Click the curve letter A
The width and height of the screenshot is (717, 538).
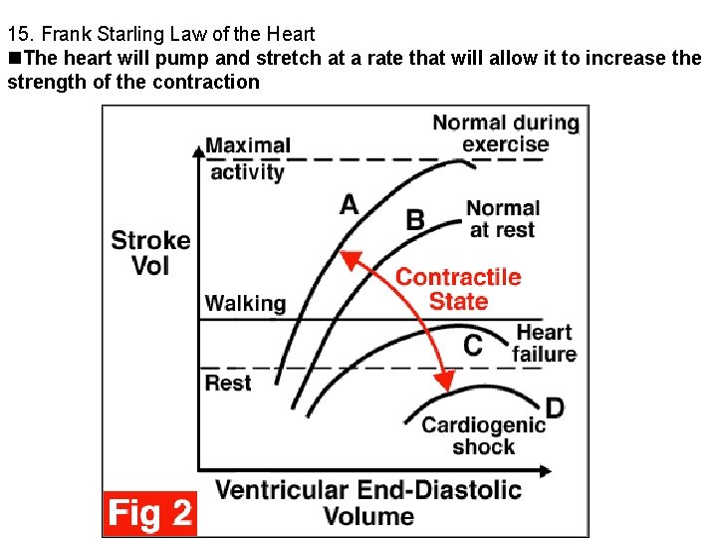349,204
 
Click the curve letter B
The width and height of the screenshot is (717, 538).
416,219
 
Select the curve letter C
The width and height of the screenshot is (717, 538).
474,346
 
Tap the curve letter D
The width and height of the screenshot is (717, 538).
555,407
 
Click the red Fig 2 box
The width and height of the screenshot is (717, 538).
149,513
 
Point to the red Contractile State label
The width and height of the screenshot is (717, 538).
458,289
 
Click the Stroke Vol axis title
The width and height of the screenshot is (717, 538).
150,252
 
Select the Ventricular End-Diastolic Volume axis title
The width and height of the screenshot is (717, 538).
368,502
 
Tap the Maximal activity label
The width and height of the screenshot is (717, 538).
248,158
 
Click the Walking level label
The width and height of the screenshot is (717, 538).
245,303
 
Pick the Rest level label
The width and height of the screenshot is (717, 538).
228,383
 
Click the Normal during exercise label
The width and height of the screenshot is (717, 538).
505,133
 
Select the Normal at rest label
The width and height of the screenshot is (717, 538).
502,218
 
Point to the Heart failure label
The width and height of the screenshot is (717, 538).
544,343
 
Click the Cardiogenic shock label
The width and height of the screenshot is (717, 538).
483,435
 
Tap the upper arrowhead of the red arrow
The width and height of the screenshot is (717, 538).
347,256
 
